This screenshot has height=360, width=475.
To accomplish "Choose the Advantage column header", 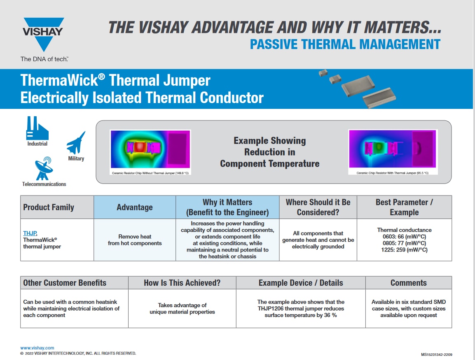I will point(135,207).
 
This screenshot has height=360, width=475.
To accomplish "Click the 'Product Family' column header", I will point(49,207).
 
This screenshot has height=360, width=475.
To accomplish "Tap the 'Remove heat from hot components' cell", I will point(135,240).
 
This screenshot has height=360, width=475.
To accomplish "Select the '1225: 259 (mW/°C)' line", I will point(404,250).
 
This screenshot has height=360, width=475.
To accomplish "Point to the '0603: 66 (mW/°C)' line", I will point(404,237).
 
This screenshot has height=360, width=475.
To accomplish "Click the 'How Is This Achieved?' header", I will point(182,283).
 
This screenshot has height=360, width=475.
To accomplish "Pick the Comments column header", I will point(409,283).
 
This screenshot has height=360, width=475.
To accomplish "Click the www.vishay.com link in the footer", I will point(37,348).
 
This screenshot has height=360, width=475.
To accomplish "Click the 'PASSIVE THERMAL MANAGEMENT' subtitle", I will point(345,44).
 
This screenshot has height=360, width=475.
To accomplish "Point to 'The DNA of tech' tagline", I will point(44,59).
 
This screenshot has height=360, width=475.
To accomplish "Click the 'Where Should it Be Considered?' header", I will point(318,207).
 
